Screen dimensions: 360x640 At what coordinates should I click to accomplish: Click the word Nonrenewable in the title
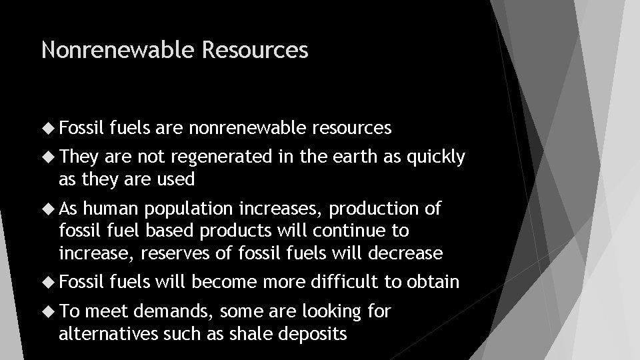point(116,49)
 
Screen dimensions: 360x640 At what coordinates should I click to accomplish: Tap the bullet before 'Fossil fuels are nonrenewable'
point(49,127)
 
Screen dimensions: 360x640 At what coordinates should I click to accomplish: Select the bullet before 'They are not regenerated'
point(49,157)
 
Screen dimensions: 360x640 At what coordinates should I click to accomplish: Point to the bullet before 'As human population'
point(49,209)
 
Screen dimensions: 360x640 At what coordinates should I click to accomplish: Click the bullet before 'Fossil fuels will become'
point(49,282)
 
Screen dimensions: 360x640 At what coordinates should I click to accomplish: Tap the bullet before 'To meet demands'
point(49,311)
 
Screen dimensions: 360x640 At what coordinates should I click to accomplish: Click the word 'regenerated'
point(219,157)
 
